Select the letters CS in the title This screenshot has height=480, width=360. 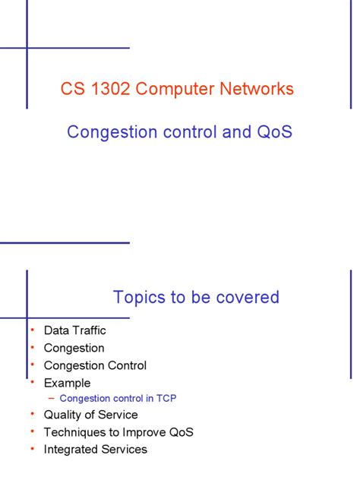click(x=71, y=89)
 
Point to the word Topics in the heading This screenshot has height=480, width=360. click(x=139, y=297)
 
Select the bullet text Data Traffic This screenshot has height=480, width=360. click(x=75, y=330)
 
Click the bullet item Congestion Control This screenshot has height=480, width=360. click(x=95, y=365)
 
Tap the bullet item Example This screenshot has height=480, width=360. click(x=67, y=383)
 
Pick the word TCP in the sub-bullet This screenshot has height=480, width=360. click(x=166, y=398)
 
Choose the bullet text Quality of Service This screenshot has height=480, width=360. click(x=90, y=415)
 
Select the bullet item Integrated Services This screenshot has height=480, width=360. click(x=95, y=449)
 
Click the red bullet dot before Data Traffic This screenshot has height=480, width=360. click(x=33, y=330)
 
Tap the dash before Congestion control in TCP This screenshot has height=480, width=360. click(x=51, y=398)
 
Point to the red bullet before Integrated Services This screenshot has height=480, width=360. click(x=33, y=449)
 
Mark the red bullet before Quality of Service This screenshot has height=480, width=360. click(x=33, y=415)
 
